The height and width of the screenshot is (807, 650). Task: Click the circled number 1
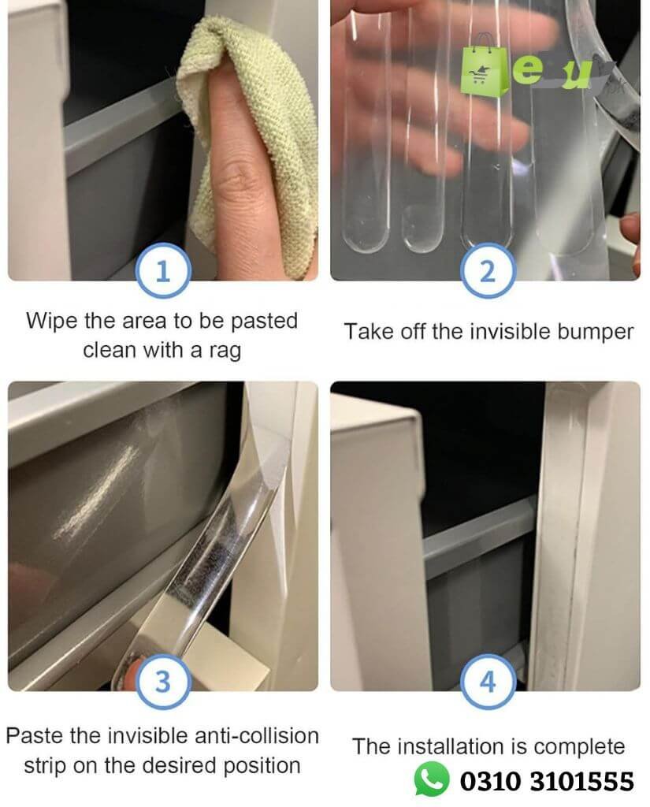pos(163,271)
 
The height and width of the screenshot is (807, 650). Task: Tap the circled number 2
pos(488,271)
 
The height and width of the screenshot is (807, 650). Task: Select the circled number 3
pos(163,681)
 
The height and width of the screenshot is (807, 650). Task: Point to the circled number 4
pos(488,681)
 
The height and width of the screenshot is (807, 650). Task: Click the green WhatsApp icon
pos(431,779)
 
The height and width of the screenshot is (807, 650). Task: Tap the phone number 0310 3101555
pos(547,781)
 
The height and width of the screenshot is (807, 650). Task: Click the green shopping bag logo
pos(481,65)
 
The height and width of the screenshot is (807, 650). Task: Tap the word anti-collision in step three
pos(257,735)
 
